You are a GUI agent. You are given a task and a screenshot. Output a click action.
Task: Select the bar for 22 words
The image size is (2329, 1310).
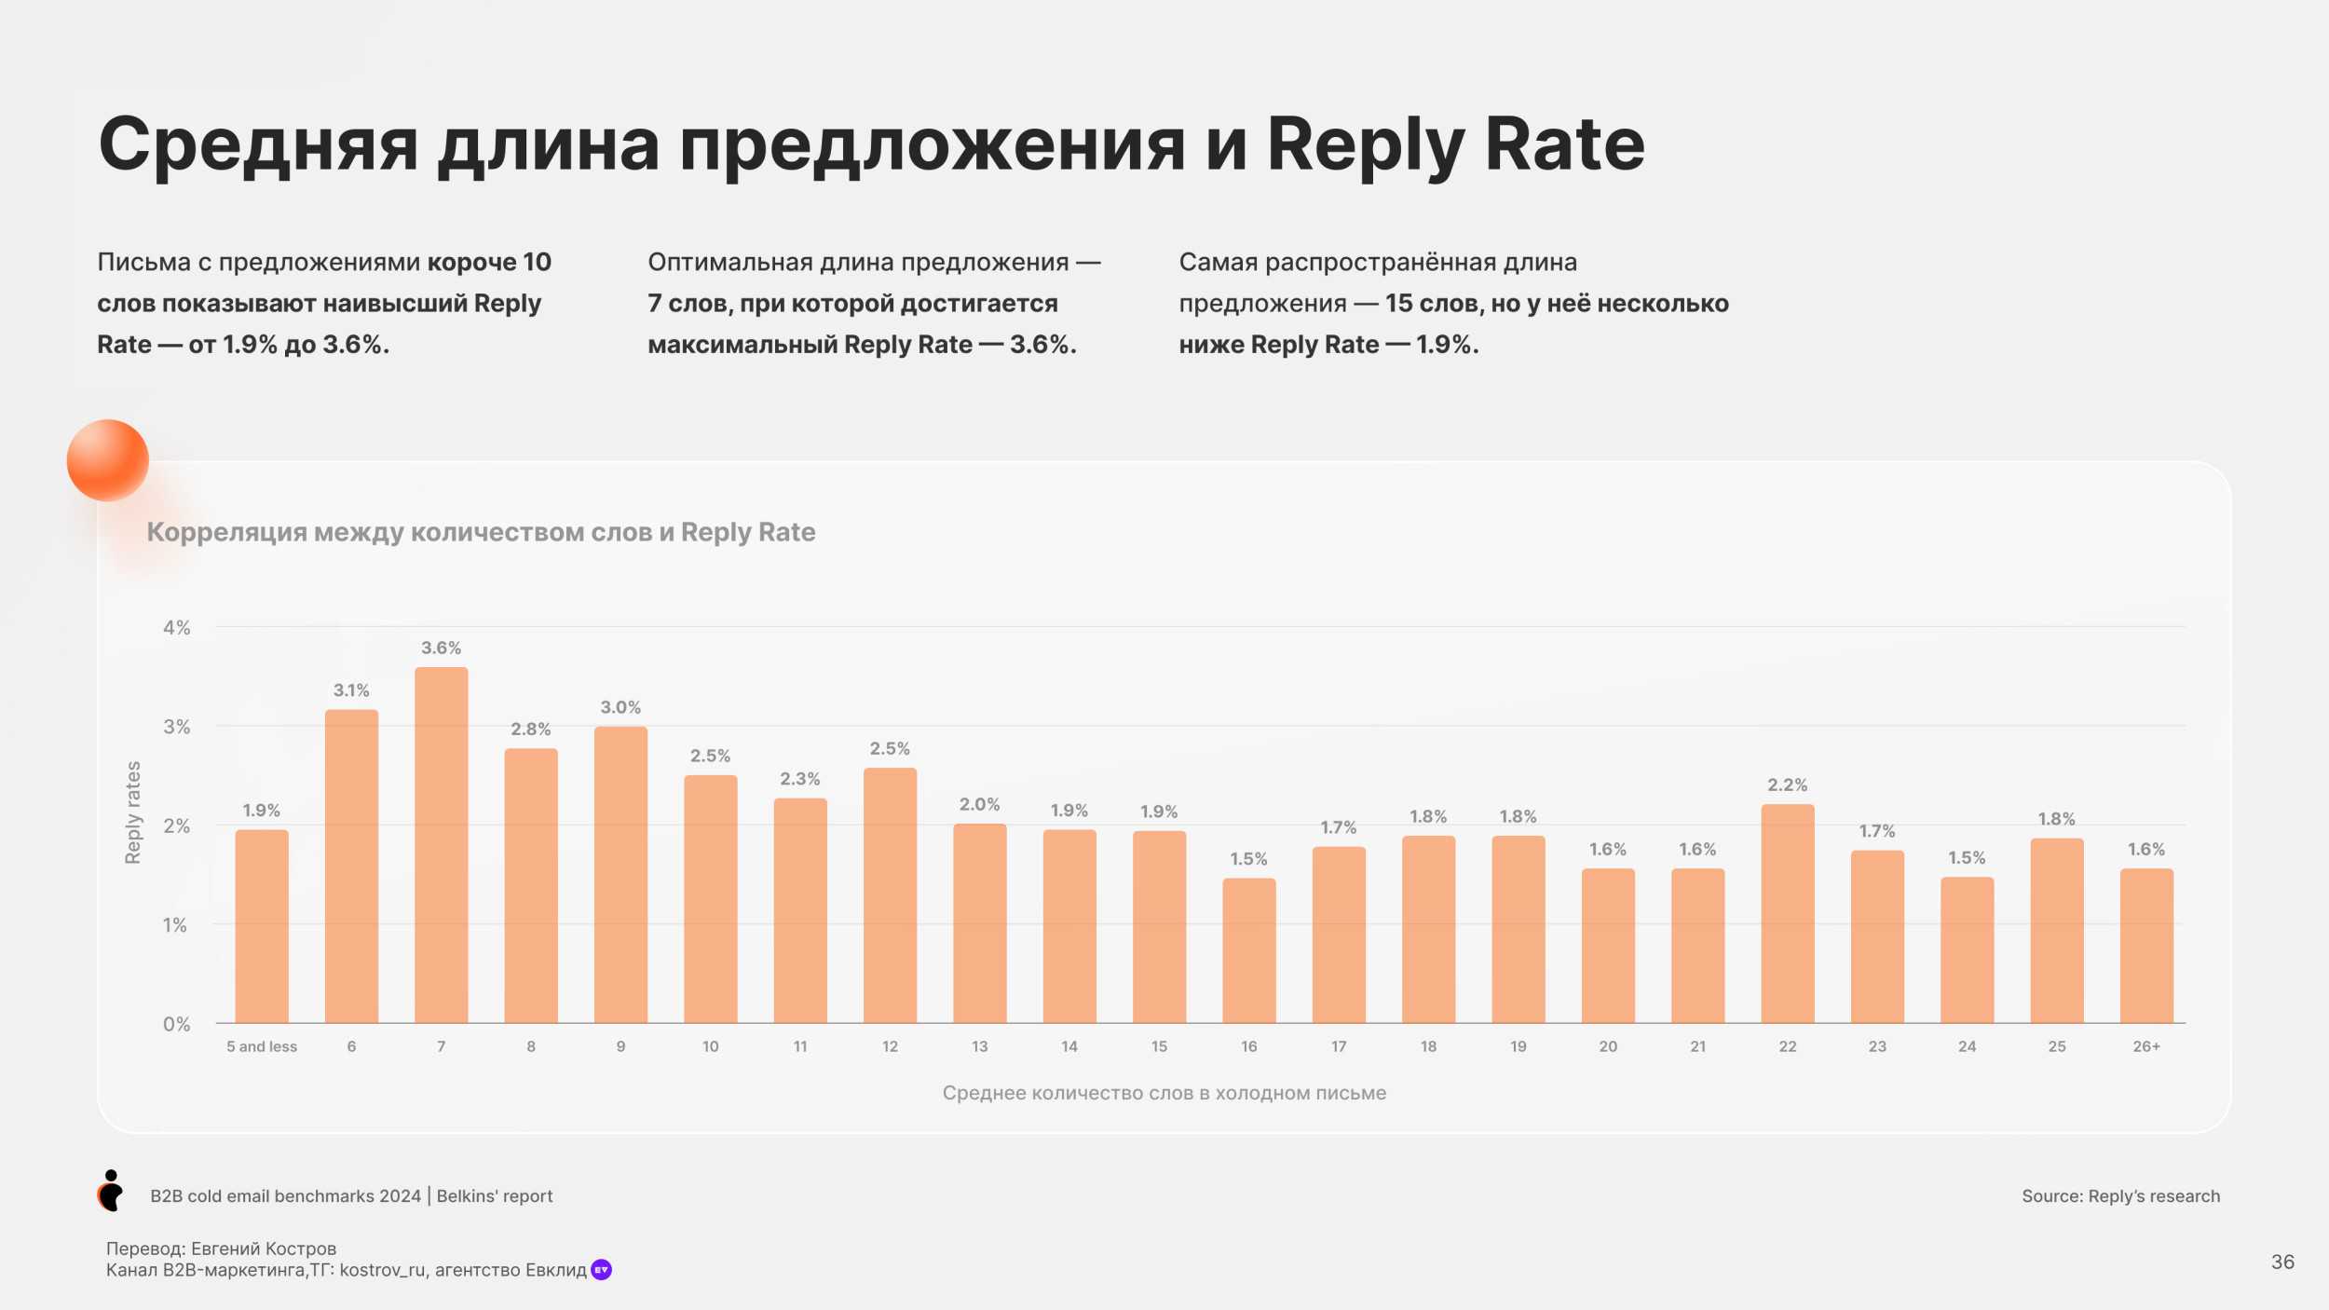tap(1787, 913)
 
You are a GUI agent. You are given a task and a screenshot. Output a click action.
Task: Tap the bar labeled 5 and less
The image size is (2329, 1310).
tap(262, 926)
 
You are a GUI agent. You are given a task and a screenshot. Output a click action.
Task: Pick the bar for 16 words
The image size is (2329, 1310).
tap(1248, 950)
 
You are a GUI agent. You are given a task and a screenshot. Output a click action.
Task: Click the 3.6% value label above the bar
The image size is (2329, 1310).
tap(441, 648)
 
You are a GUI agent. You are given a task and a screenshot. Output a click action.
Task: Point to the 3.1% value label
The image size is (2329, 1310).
tap(351, 690)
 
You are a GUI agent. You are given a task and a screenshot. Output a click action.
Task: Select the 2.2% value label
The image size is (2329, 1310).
tap(1787, 785)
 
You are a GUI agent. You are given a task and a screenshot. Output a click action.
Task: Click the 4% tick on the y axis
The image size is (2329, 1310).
tap(176, 628)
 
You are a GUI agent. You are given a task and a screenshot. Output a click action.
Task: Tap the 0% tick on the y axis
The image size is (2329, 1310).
tap(176, 1024)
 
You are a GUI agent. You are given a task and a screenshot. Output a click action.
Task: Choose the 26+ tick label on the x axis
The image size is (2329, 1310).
tap(2146, 1046)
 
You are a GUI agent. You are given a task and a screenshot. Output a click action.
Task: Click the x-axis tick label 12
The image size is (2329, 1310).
tap(890, 1046)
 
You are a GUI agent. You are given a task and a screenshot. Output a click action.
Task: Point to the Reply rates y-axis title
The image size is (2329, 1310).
tap(133, 812)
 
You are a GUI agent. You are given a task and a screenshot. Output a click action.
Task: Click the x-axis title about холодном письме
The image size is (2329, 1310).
tap(1164, 1093)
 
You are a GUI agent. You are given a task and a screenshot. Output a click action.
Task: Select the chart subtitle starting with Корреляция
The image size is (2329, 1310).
tap(481, 532)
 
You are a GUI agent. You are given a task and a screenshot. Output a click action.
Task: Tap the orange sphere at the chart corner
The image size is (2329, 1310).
tap(108, 460)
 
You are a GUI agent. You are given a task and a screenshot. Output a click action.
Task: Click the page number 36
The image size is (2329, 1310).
tap(2282, 1262)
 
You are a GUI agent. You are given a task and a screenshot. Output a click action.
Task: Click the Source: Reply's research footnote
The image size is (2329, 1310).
tap(2120, 1196)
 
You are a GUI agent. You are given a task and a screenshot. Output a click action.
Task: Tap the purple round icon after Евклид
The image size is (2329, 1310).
tap(602, 1270)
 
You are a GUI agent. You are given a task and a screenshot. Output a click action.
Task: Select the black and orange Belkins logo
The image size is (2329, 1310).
tap(111, 1191)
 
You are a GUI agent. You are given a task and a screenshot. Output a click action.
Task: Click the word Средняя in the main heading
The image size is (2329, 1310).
tap(258, 145)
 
